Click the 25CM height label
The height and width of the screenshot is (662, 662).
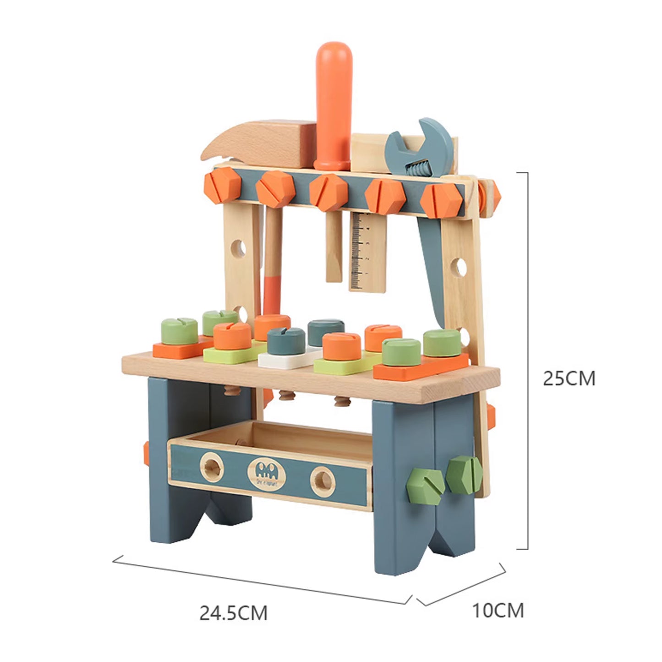[569, 378]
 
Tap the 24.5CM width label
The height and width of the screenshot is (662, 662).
[233, 612]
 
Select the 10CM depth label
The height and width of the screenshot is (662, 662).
[498, 610]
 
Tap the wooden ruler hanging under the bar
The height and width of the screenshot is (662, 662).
[367, 252]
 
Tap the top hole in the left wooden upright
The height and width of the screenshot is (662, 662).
[239, 248]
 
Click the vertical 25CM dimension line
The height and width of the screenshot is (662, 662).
[528, 361]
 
